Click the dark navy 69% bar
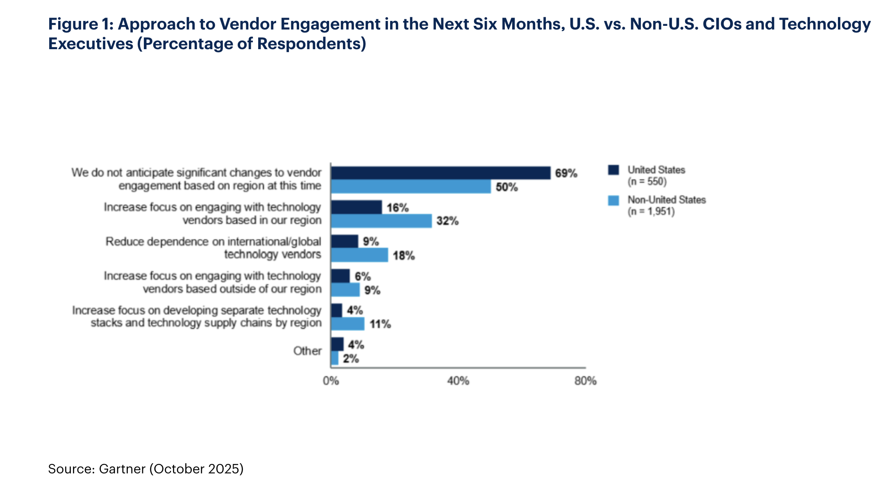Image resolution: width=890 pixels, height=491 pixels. [x=440, y=173]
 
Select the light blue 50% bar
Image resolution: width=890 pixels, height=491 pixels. [x=411, y=187]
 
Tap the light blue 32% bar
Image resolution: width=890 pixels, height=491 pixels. [x=381, y=221]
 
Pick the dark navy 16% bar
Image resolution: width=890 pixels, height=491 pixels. [x=356, y=207]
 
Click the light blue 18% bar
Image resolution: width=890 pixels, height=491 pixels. [x=359, y=255]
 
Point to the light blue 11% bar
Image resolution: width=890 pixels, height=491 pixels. [x=347, y=324]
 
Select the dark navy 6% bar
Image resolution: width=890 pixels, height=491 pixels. [x=340, y=276]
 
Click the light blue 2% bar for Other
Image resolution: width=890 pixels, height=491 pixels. [x=335, y=358]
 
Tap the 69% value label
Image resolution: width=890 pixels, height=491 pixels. [x=566, y=173]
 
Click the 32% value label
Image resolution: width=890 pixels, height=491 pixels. [x=447, y=221]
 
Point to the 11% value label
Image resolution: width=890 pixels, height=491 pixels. [x=380, y=324]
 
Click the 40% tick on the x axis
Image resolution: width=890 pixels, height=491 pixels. [x=458, y=381]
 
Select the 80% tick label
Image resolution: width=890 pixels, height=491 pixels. [x=585, y=381]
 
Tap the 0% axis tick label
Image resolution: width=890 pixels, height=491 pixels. [x=331, y=381]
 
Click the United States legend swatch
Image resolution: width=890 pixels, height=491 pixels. [x=613, y=170]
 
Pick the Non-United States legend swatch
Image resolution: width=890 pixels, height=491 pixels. [x=613, y=200]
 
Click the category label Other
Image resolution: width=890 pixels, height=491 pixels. [x=307, y=351]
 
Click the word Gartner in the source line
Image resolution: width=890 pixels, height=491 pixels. [x=122, y=469]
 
